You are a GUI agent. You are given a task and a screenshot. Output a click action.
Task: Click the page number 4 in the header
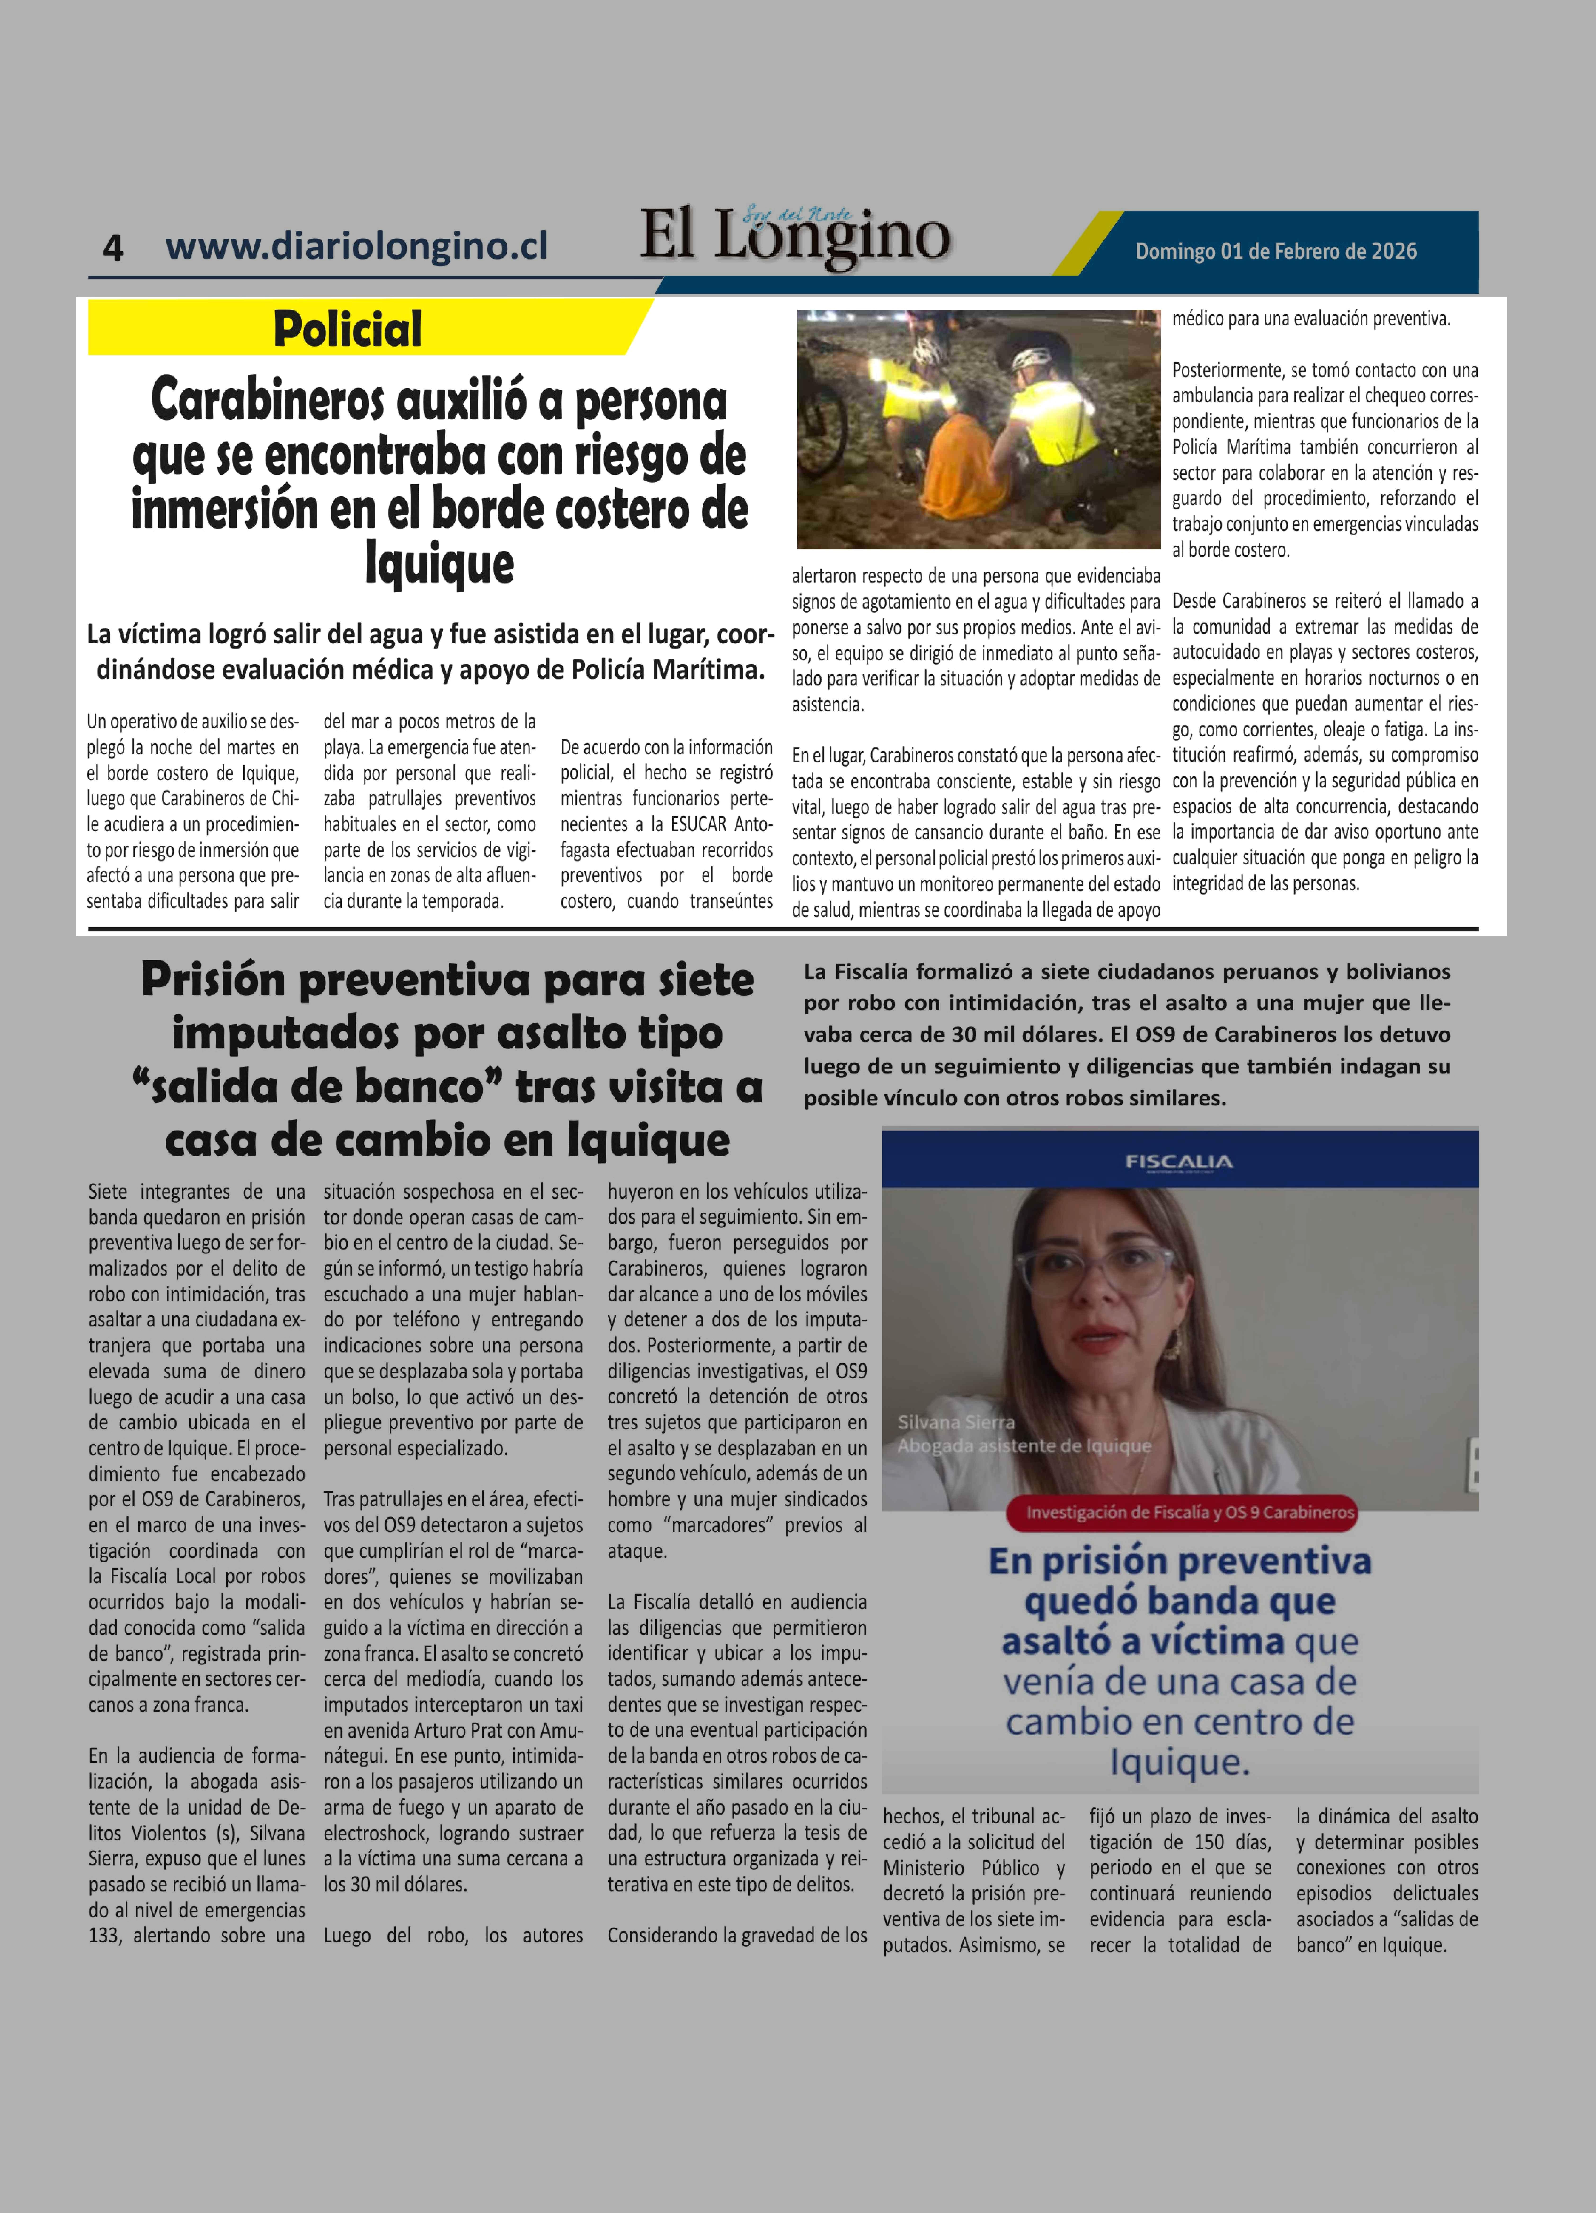click(113, 248)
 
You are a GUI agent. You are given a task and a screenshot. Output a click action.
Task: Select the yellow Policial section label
click(347, 329)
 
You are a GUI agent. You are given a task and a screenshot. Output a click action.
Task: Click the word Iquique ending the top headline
click(439, 564)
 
